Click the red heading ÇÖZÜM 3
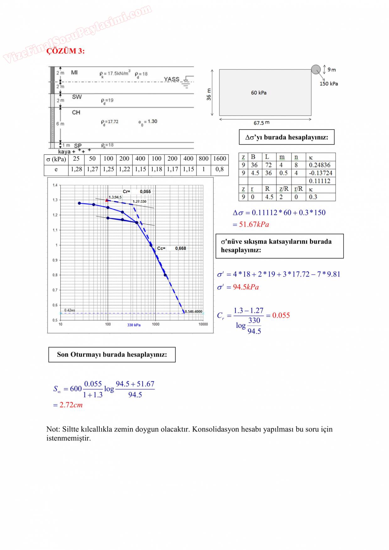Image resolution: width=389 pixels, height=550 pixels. [x=66, y=51]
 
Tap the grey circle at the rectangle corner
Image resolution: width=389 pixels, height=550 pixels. [x=316, y=69]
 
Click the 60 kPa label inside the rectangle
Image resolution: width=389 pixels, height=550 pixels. [x=258, y=93]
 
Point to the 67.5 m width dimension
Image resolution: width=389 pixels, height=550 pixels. [x=261, y=123]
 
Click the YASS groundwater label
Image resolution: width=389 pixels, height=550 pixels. [x=172, y=79]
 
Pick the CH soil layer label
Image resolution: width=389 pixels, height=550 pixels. [x=76, y=112]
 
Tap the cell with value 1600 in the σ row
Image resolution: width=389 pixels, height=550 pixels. [x=220, y=159]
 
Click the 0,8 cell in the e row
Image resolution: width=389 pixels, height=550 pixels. [x=220, y=169]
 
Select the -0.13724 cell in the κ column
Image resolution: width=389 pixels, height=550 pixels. [x=320, y=173]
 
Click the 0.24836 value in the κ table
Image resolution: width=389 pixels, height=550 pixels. [x=319, y=165]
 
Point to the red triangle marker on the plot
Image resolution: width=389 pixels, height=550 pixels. [x=107, y=200]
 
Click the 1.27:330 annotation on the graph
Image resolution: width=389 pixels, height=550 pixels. [x=139, y=202]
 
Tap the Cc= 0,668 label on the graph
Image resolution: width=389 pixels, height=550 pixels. [x=172, y=248]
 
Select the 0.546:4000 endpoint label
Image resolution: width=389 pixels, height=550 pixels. [x=194, y=312]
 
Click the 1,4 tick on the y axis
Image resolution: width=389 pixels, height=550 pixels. [x=55, y=185]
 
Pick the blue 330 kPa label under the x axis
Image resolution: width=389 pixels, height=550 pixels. [x=134, y=325]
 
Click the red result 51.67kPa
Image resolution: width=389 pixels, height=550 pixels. [x=254, y=224]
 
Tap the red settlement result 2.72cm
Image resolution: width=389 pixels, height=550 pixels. [x=71, y=405]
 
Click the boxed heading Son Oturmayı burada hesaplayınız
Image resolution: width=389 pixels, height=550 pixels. [x=112, y=355]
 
